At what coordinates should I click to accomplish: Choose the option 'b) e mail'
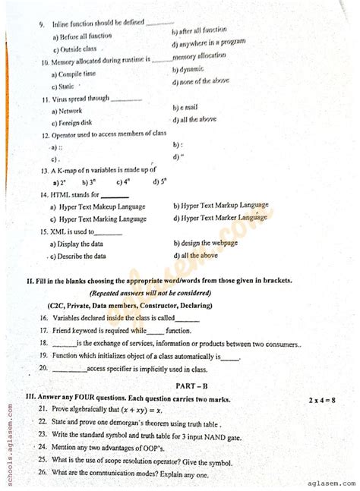pos(188,108)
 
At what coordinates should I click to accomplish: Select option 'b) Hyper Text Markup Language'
pos(220,205)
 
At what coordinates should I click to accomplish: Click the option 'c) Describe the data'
pos(78,257)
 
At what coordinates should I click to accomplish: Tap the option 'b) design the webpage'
pos(210,242)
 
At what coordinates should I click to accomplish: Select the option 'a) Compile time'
pos(74,74)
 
